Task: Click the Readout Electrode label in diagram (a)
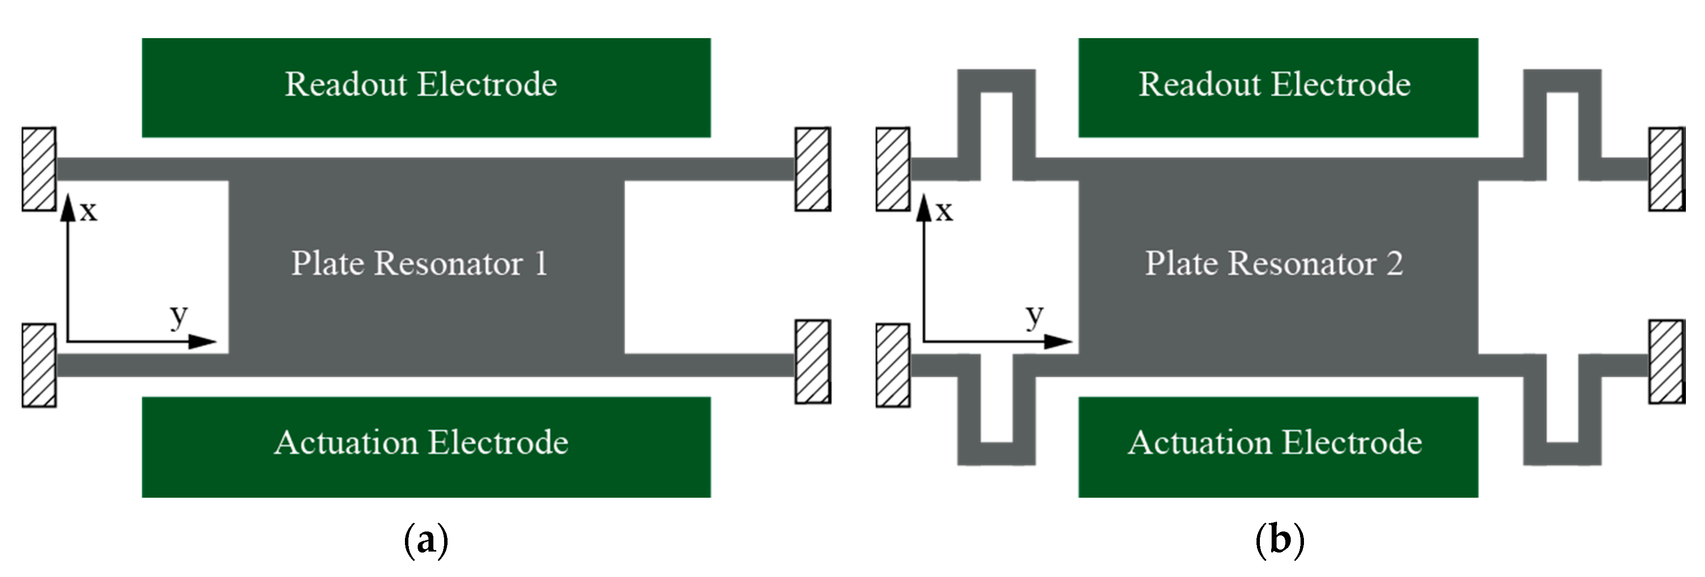(x=421, y=85)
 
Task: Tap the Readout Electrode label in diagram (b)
(x=1274, y=85)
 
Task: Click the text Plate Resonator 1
(x=420, y=263)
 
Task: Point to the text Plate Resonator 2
(x=1274, y=263)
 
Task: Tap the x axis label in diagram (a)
(x=89, y=212)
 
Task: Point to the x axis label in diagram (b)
(x=944, y=212)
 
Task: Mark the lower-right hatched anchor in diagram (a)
(x=812, y=361)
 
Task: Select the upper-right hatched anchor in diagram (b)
(x=1666, y=169)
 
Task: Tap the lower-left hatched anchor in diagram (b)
(x=892, y=365)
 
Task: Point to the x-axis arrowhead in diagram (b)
(x=924, y=207)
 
